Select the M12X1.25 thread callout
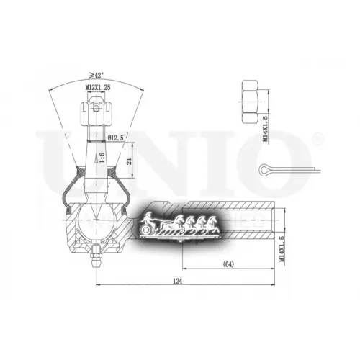click(96, 87)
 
